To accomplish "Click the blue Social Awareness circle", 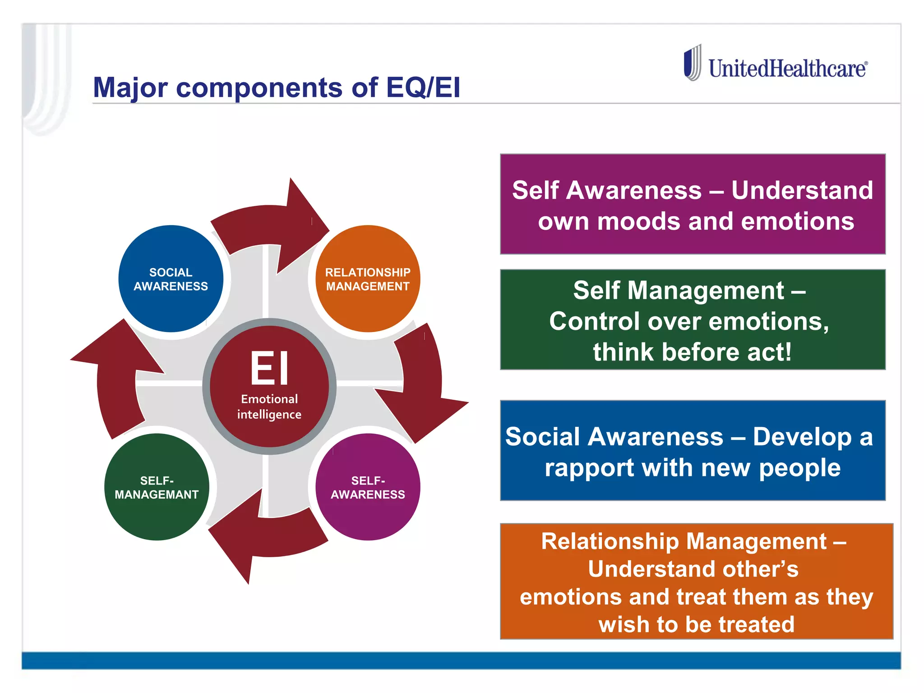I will pyautogui.click(x=171, y=279).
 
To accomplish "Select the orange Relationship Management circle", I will pyautogui.click(x=368, y=279).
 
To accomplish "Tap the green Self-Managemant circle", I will pyautogui.click(x=157, y=487).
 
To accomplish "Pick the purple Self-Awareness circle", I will pyautogui.click(x=368, y=487).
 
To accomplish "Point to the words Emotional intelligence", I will pyautogui.click(x=269, y=407).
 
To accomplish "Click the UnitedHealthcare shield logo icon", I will pyautogui.click(x=692, y=63).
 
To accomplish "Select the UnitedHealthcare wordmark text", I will pyautogui.click(x=787, y=69).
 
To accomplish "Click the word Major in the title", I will pyautogui.click(x=130, y=88).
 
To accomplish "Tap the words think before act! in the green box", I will pyautogui.click(x=692, y=352).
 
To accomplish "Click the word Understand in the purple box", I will pyautogui.click(x=802, y=190).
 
